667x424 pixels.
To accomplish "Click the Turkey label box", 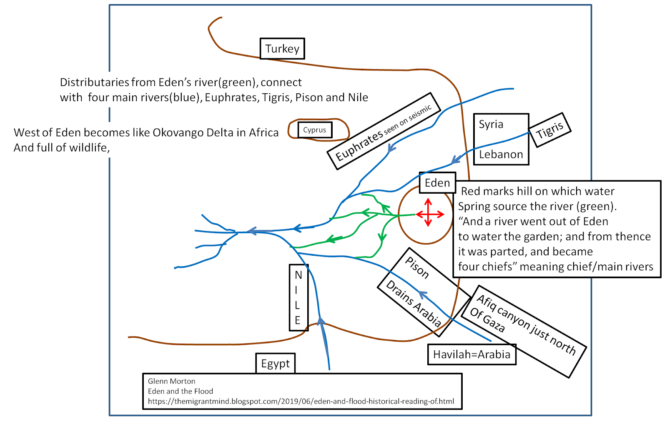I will click(x=282, y=49).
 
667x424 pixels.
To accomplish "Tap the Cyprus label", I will click(x=315, y=130).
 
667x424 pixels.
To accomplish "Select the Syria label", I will click(x=491, y=124).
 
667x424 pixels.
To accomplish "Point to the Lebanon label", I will click(x=501, y=155).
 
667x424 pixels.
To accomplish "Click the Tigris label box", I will click(x=549, y=130).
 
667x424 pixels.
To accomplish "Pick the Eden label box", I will click(x=437, y=183).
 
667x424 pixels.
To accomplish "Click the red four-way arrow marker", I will click(x=429, y=214).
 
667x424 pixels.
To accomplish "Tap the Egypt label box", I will click(x=275, y=364).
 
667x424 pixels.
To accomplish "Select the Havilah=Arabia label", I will click(x=471, y=354).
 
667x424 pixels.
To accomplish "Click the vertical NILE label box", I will click(x=298, y=297).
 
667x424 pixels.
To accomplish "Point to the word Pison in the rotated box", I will click(x=417, y=267).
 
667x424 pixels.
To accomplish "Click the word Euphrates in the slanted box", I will click(x=359, y=145).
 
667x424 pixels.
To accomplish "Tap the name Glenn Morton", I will click(x=171, y=381).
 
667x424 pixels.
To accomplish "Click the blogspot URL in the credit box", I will click(x=301, y=402).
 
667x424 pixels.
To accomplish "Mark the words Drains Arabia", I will click(x=413, y=303).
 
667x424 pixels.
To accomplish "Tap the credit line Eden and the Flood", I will click(x=180, y=391).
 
